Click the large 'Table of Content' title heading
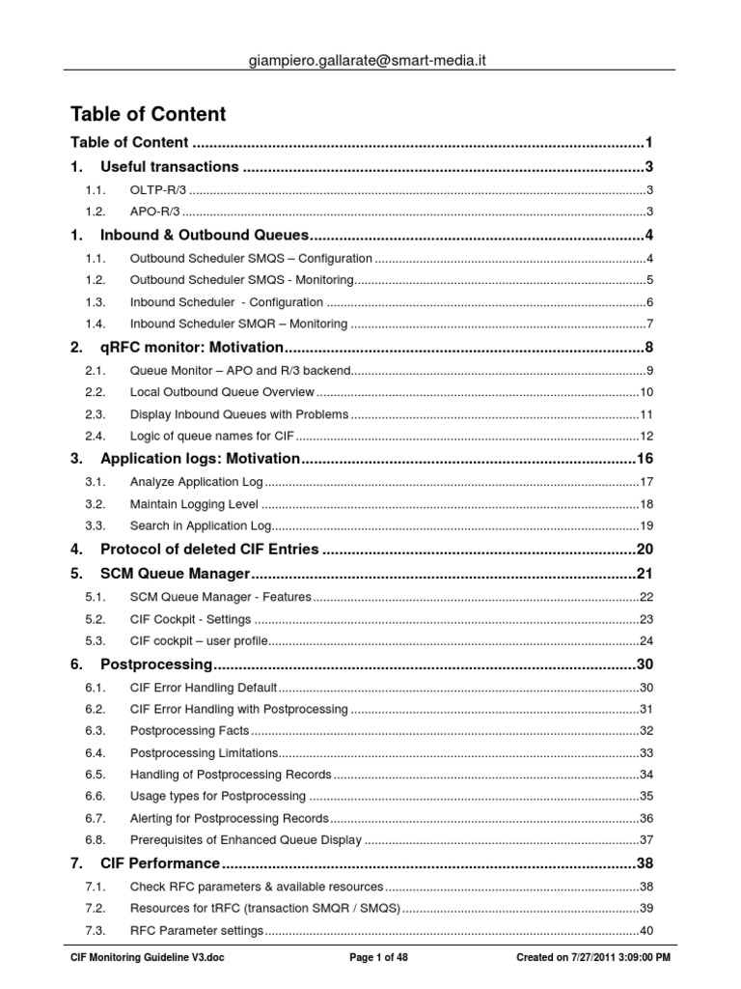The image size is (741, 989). point(149,114)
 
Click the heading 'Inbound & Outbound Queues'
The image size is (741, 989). point(205,235)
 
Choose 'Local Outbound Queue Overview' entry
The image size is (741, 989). point(222,391)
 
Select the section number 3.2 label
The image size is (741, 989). point(94,503)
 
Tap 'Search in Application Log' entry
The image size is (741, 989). point(202,525)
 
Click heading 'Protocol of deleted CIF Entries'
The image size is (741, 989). point(209,549)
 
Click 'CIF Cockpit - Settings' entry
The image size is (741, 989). point(190,619)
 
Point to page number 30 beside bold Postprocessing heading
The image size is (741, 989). point(645,664)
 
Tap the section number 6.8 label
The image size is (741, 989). point(94,839)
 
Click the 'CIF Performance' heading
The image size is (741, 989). point(160,862)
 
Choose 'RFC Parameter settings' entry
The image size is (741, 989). point(196,930)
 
